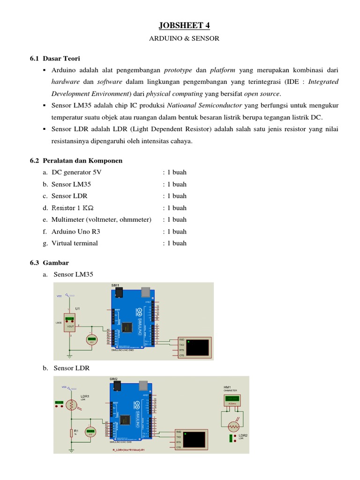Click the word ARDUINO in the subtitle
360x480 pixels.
pos(163,38)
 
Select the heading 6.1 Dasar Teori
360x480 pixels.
pos(55,59)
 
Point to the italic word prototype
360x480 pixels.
pos(178,70)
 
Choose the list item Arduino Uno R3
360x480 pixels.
pos(75,232)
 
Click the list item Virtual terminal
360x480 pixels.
pos(75,243)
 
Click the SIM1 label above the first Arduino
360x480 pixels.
pos(115,285)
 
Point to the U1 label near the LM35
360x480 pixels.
pos(78,309)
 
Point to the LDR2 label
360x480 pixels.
pos(243,435)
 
